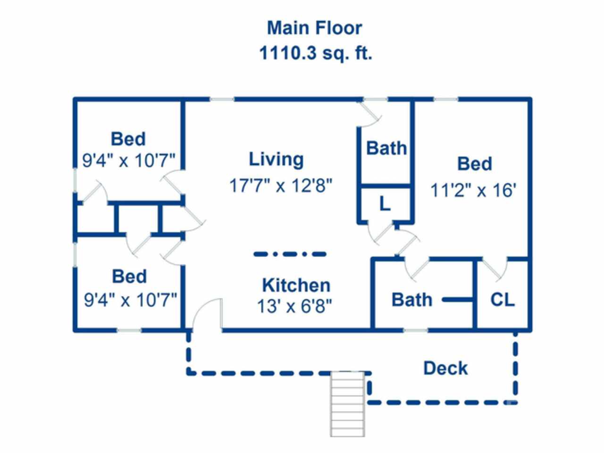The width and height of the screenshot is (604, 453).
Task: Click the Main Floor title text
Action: coord(315,28)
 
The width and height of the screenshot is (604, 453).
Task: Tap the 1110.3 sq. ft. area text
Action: coord(316,53)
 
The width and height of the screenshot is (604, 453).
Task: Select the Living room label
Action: coord(276,159)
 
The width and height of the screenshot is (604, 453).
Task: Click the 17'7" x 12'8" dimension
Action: coord(281,185)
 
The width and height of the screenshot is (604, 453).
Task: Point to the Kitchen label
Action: coord(296,285)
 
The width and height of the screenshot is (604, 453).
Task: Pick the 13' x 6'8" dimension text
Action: coord(294,307)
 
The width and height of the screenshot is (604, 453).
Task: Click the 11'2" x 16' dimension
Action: coord(473,191)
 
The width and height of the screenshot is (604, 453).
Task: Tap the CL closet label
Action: coord(502,300)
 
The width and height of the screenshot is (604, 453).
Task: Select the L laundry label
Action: coord(385,204)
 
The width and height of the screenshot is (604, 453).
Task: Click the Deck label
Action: coord(445,368)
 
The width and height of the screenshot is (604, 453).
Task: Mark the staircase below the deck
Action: coord(347,403)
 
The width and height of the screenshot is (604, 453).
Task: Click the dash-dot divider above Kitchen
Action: coord(290,254)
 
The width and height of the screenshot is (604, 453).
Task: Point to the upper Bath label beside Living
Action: coord(386,148)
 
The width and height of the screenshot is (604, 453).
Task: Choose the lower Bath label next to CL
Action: coord(411,300)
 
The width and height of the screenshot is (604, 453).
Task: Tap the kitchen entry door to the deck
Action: coord(208,314)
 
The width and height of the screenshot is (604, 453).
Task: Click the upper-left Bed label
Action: coord(128,139)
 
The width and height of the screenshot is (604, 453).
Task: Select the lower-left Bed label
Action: coord(129,277)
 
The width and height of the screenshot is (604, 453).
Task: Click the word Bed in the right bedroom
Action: coord(474,164)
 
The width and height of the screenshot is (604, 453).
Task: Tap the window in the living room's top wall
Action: coord(222,100)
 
